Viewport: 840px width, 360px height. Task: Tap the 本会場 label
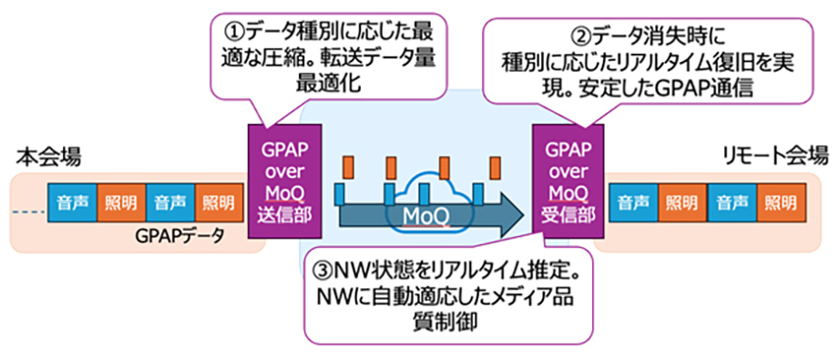coord(47,158)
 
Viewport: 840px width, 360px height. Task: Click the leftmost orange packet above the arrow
coord(347,167)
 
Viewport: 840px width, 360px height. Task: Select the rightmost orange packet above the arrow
coord(496,167)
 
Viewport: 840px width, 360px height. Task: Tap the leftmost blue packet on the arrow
coord(339,193)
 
